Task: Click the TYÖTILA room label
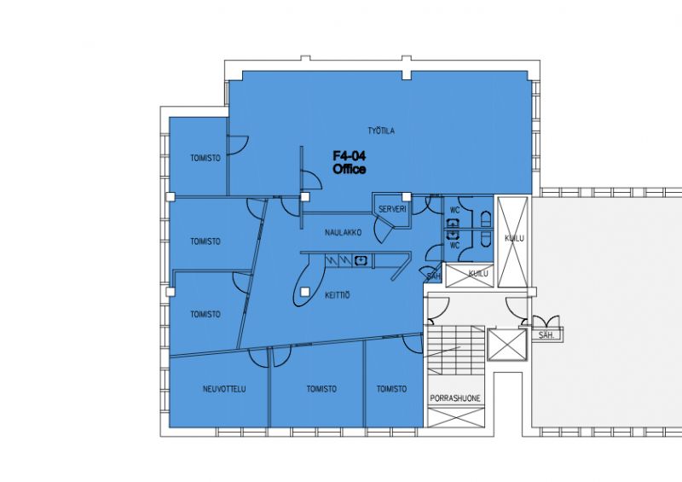381,131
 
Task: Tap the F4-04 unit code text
349,156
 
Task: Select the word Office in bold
349,169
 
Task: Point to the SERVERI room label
392,209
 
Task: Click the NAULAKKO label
343,233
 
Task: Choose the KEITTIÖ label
337,295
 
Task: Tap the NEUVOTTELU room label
224,389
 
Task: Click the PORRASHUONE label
455,398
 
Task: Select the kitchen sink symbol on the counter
361,260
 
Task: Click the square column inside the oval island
305,292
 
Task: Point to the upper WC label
454,210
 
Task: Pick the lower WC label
454,246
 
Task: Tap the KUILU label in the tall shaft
514,238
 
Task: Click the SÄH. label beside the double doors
546,335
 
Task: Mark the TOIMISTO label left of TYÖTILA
205,158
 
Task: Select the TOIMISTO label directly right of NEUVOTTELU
321,389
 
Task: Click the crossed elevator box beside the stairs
506,345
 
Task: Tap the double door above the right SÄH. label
546,322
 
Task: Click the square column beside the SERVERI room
407,196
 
